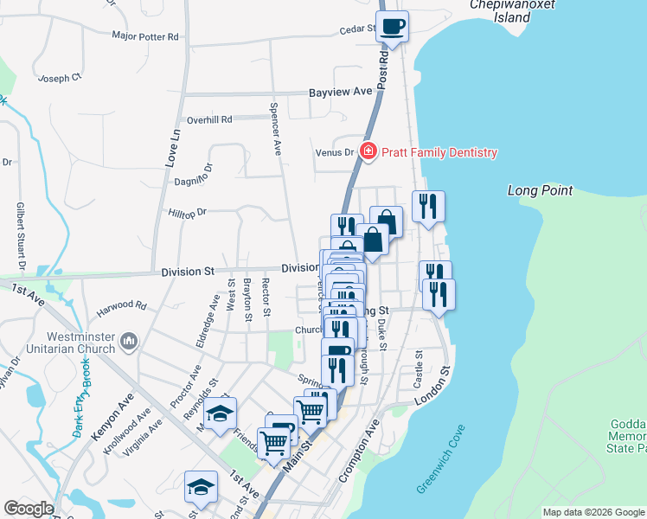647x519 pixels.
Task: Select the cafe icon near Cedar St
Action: [392, 26]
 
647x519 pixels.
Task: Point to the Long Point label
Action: [540, 190]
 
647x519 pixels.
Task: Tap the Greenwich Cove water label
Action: [441, 471]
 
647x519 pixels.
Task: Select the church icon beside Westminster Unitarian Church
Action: [130, 342]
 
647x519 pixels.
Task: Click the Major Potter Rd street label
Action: [144, 36]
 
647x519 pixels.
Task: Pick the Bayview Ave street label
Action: [341, 91]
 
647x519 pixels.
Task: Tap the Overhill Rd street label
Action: [209, 119]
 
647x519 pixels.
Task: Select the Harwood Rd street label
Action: [122, 305]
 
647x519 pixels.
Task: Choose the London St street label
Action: [432, 387]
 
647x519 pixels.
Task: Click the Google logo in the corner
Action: [29, 509]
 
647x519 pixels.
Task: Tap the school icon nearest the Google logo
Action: [202, 485]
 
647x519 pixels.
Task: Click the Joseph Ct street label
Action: [60, 78]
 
